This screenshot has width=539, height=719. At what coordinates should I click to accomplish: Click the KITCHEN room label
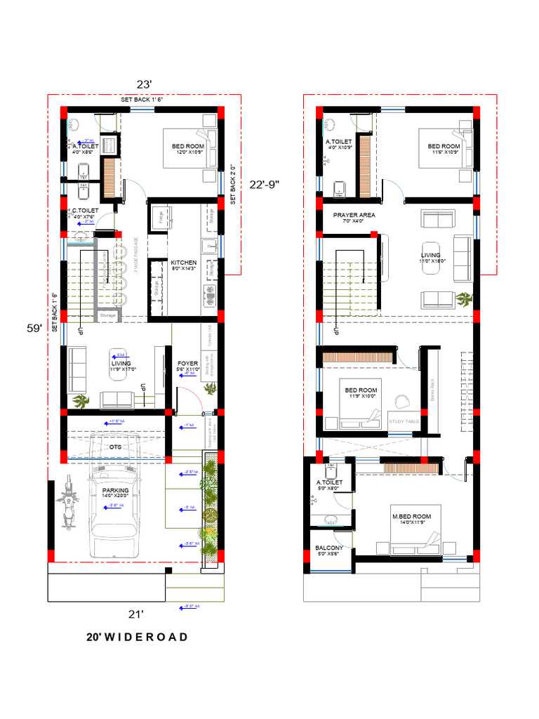183,263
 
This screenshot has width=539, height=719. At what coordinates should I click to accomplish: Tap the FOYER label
188,364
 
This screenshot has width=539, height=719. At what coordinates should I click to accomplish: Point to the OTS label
115,446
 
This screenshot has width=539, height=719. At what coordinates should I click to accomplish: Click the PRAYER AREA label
354,215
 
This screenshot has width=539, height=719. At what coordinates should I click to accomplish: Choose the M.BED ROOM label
411,516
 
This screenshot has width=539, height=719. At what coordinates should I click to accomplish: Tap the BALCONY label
329,548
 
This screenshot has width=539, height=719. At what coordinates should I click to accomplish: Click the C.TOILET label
85,211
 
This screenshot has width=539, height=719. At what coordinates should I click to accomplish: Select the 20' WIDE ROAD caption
137,637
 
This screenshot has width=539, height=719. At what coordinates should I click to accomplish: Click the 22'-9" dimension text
265,184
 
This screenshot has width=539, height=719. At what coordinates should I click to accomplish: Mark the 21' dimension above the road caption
135,614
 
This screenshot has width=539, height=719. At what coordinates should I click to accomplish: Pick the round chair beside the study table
401,401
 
